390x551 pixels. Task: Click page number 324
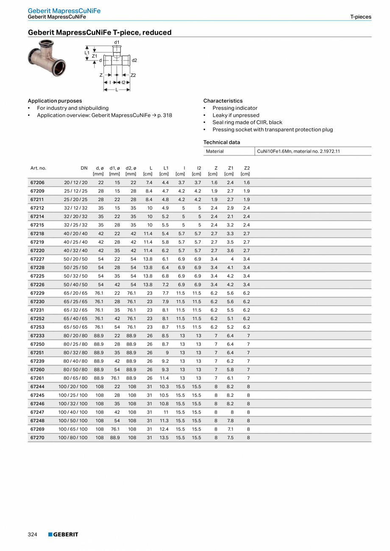pos(33,534)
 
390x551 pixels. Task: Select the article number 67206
pos(37,183)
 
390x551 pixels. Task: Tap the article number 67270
pos(37,437)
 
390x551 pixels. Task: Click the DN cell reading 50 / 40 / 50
pos(75,284)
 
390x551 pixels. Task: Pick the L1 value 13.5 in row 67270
pos(164,437)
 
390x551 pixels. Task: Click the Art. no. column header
pos(38,168)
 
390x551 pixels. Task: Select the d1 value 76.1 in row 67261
pos(115,378)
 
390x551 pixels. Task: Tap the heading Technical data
pos(221,142)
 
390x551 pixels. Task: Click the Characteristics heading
pos(223,101)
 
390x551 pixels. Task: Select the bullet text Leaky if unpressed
pos(236,115)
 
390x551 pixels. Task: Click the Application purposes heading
pos(55,101)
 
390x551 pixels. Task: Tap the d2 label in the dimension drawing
pos(134,61)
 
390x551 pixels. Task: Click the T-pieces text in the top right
pos(360,17)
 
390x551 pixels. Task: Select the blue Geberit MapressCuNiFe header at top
pos(64,11)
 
